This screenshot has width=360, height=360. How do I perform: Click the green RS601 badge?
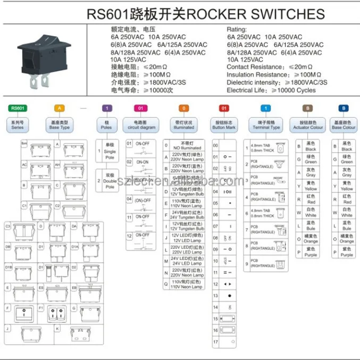18,108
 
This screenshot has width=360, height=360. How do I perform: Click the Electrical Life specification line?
271,90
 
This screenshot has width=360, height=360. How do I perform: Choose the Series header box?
18,125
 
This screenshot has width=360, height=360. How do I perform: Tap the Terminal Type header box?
268,125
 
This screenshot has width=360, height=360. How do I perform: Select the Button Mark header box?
224,125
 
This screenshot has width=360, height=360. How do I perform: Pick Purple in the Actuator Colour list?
311,252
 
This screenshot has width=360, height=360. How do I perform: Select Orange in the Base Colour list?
347,239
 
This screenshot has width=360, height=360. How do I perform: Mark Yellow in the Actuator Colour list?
311,186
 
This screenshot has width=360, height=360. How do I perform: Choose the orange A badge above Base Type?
60,108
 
